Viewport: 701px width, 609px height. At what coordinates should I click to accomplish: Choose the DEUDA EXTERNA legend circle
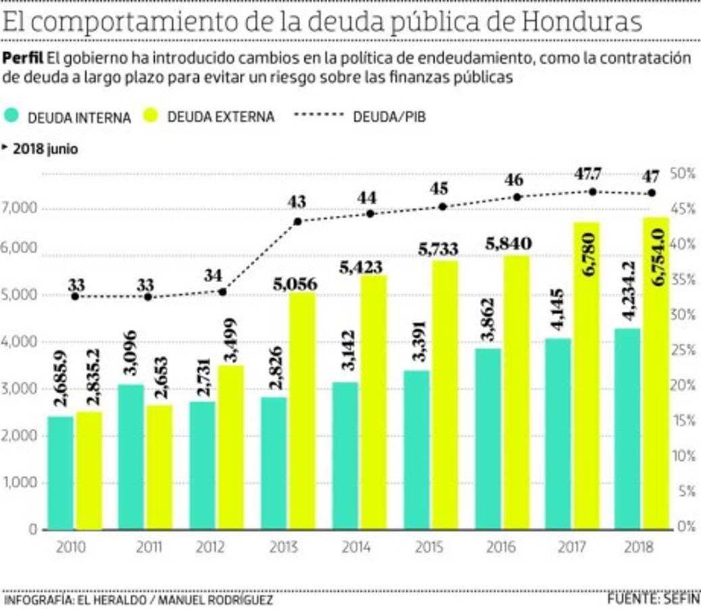153,116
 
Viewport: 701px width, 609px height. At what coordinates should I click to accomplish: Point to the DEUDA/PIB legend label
389,116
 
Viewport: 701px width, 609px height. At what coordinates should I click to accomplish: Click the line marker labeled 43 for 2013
297,221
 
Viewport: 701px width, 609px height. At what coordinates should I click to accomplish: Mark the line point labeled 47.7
593,191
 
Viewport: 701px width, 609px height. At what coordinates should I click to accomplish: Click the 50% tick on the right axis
682,174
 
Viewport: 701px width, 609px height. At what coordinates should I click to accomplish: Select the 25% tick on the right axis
682,351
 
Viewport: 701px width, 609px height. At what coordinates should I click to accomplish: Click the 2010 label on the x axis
72,547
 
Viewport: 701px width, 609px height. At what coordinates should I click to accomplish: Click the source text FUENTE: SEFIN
653,598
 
